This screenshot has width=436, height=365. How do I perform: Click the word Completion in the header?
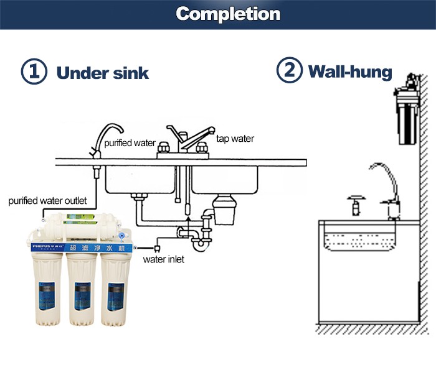click(x=227, y=14)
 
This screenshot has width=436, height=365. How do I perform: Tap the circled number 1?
click(x=34, y=72)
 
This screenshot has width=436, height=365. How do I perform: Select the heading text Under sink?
click(x=103, y=73)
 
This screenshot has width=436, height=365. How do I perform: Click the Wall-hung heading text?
click(x=350, y=72)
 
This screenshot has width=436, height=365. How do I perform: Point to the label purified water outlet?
click(x=47, y=201)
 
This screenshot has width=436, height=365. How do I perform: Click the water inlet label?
click(x=164, y=259)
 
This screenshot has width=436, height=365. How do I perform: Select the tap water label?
click(x=235, y=138)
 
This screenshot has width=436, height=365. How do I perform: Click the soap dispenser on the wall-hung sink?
click(x=354, y=205)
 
